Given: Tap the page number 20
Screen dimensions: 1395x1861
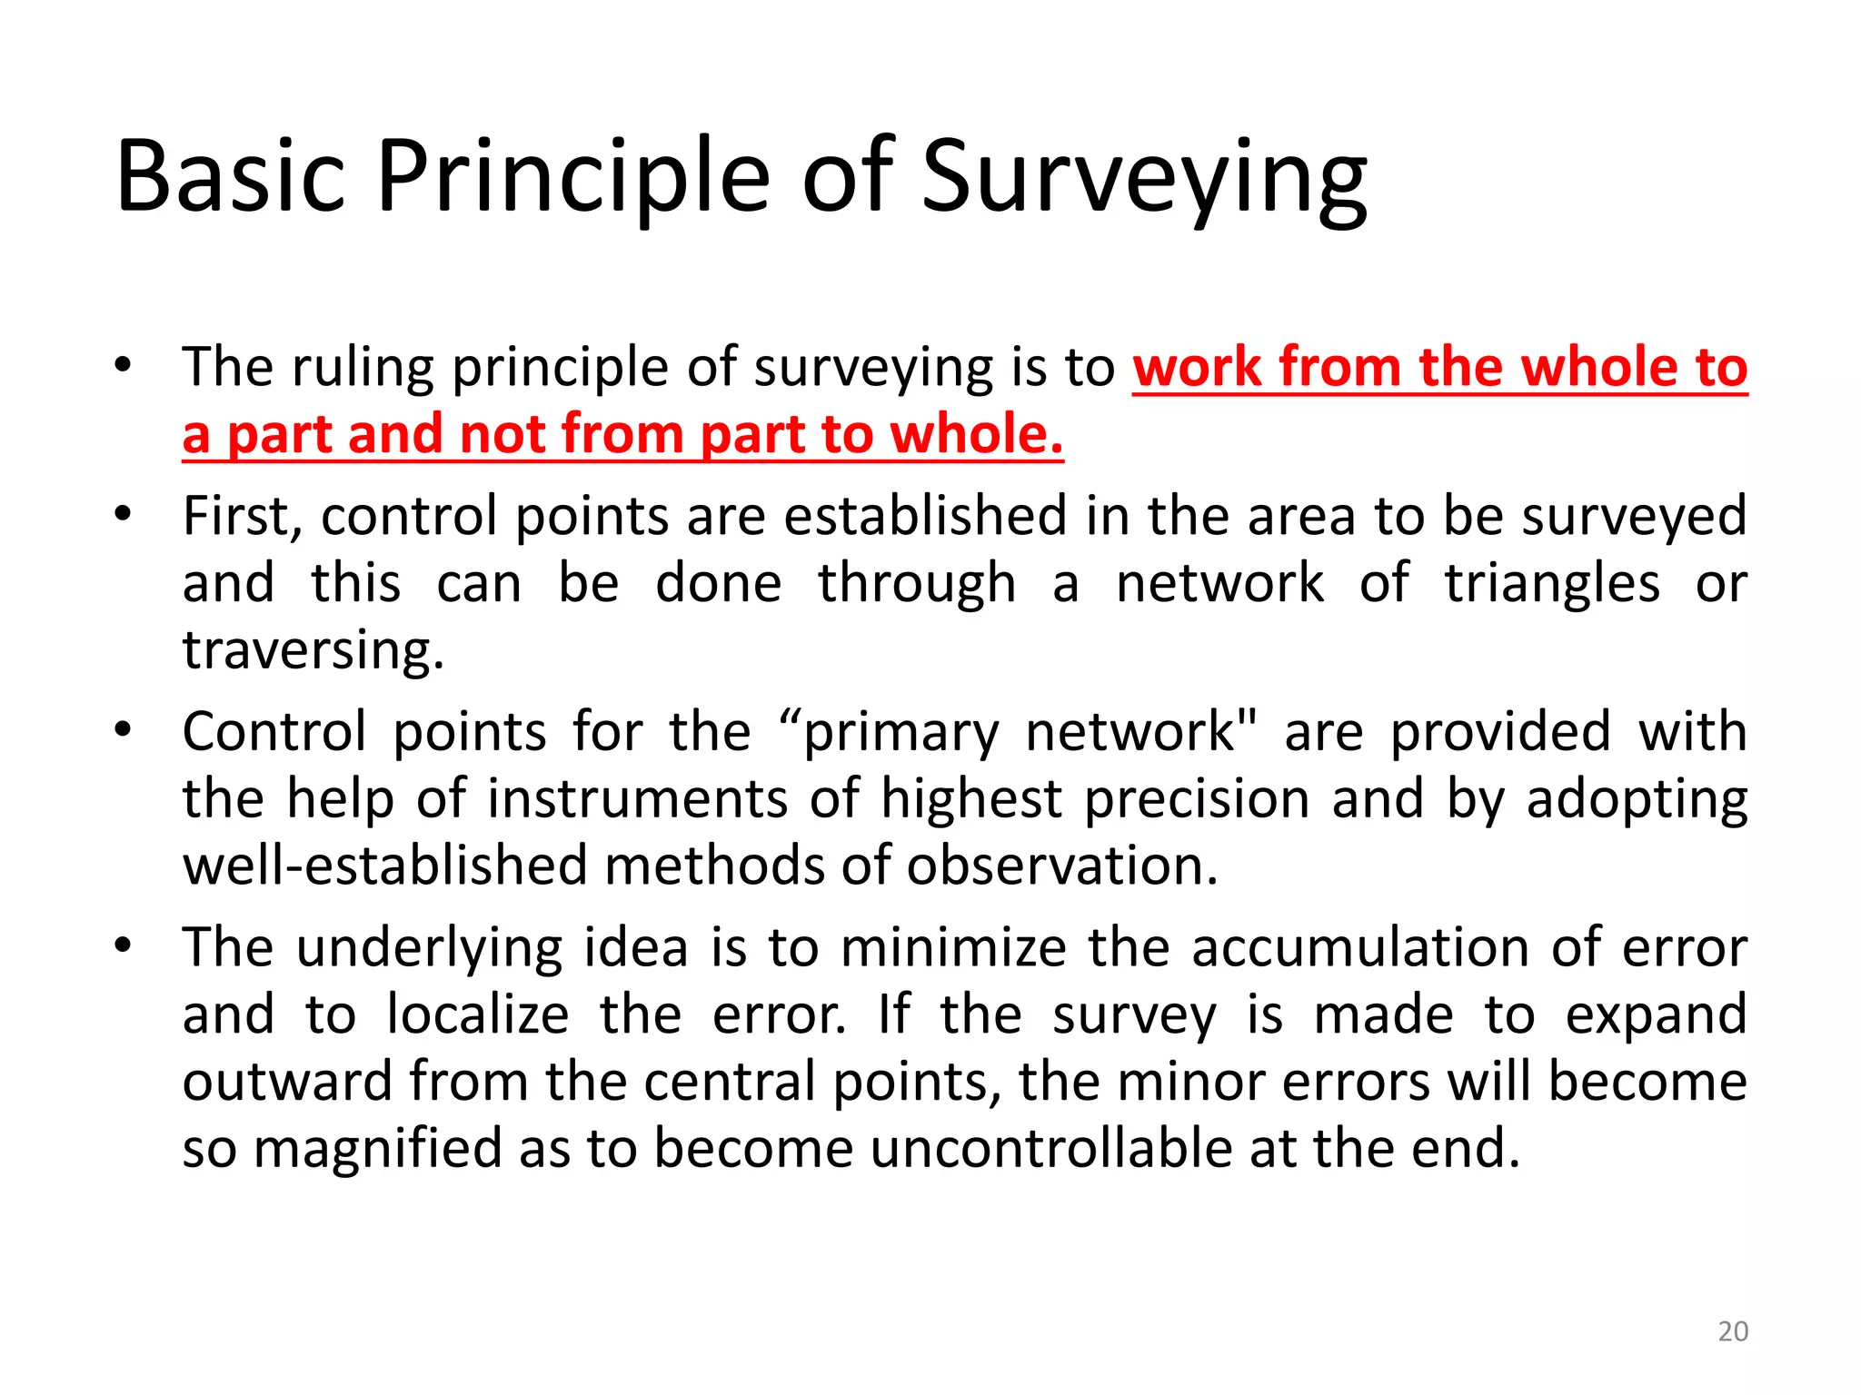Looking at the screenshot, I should (1733, 1331).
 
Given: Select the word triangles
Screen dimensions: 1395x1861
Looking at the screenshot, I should (1552, 584).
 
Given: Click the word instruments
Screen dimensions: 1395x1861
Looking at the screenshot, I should (637, 800).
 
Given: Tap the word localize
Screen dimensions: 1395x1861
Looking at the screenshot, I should (478, 1015).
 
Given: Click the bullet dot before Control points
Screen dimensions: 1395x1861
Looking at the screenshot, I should (124, 729).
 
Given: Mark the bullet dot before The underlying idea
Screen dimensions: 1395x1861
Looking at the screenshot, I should (124, 945).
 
